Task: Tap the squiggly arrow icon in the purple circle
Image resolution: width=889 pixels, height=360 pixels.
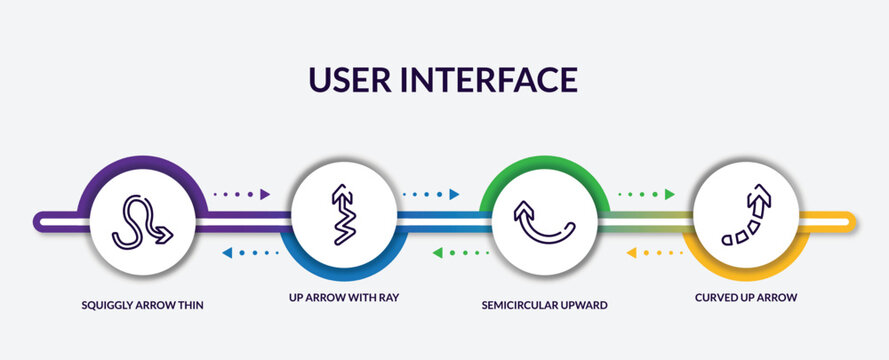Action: [x=142, y=221]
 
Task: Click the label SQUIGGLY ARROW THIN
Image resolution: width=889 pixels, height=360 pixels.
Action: [x=143, y=304]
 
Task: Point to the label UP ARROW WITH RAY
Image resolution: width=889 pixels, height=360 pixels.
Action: [x=343, y=298]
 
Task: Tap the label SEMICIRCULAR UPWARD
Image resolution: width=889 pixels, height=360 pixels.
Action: [x=545, y=304]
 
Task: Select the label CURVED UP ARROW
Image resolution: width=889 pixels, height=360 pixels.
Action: [x=746, y=297]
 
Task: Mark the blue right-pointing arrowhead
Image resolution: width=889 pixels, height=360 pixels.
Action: [x=454, y=194]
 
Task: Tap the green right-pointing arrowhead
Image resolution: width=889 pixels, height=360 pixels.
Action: [x=669, y=194]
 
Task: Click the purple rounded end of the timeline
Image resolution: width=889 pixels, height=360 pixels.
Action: [x=42, y=221]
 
